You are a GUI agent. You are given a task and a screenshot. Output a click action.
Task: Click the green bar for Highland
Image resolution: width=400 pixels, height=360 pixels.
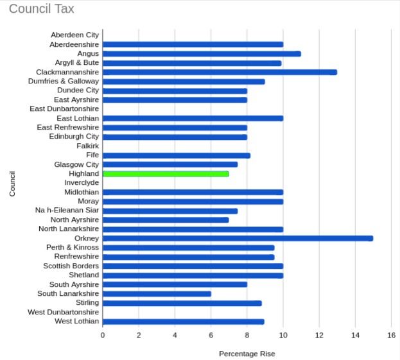click(x=166, y=174)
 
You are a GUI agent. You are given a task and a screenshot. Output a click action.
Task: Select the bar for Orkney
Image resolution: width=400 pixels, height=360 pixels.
click(x=238, y=238)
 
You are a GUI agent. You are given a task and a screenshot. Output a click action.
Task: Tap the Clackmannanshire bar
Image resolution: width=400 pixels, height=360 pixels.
click(x=220, y=72)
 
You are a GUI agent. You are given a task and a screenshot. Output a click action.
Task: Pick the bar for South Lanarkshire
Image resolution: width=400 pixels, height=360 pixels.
click(x=157, y=294)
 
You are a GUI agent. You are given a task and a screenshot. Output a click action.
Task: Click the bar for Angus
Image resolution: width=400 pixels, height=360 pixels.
click(x=202, y=54)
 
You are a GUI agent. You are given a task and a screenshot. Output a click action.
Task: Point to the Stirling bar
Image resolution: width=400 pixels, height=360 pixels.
click(x=182, y=303)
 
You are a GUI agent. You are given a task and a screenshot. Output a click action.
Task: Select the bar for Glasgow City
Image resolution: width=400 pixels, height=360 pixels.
click(x=170, y=164)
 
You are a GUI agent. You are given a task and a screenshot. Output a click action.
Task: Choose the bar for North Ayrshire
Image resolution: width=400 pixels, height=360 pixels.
click(x=166, y=219)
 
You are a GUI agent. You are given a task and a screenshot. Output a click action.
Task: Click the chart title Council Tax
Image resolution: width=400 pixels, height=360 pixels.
click(x=41, y=9)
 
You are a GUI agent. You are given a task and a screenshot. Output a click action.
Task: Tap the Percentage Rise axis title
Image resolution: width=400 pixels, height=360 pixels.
click(x=247, y=354)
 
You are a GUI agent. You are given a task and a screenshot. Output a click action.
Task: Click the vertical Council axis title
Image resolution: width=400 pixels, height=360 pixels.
click(x=12, y=183)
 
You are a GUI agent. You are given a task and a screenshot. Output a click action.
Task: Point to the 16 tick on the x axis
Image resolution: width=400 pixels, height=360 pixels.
click(x=391, y=335)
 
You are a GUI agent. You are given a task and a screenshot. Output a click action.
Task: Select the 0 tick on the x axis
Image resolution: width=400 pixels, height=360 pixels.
click(x=103, y=335)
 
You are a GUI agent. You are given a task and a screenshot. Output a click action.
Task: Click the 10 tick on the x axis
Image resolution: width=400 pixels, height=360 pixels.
click(x=283, y=335)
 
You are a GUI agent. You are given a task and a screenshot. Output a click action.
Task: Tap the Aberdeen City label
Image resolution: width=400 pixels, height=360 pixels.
click(x=75, y=35)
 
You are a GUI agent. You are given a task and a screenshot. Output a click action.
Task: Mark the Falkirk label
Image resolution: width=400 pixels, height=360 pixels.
click(x=87, y=146)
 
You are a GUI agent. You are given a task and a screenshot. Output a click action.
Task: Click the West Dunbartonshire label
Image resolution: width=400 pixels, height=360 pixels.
click(x=64, y=312)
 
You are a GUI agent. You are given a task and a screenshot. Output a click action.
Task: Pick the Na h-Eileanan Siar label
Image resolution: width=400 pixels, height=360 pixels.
click(x=67, y=210)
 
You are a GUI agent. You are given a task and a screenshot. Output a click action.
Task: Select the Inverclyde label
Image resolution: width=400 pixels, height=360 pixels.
click(x=82, y=183)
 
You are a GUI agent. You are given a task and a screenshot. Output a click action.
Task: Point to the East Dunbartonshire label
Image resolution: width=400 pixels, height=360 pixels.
click(x=64, y=108)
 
